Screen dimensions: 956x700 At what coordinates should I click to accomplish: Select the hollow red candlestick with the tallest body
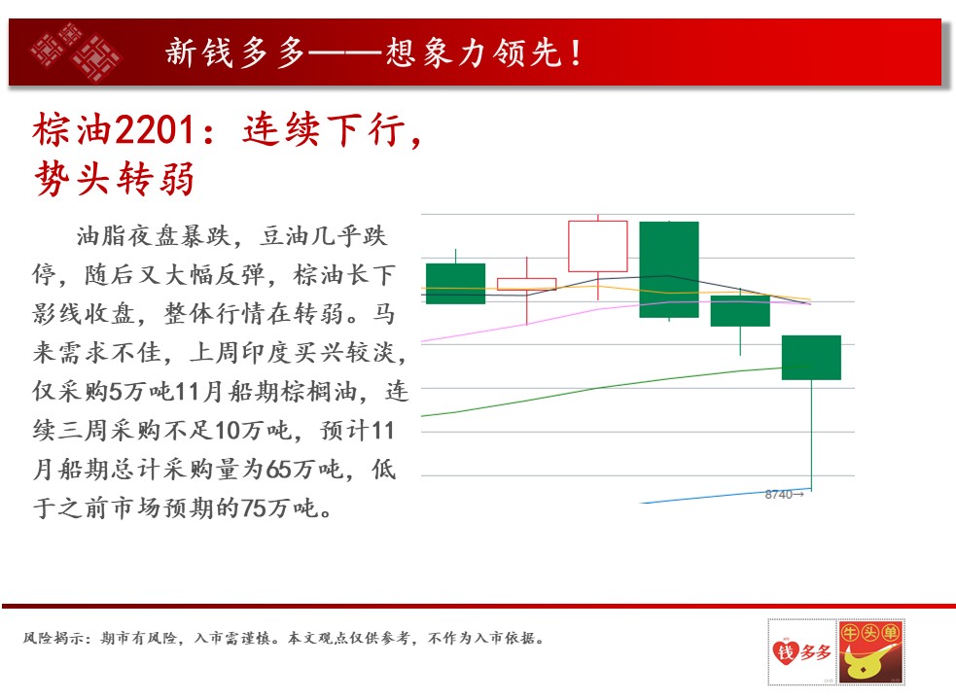click(597, 246)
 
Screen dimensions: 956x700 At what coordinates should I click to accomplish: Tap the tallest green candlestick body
click(669, 269)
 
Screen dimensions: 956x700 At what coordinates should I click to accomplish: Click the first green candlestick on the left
click(455, 284)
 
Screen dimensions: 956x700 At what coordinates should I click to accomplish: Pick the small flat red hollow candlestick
click(527, 284)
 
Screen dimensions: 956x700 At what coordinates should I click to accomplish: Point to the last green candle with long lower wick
click(811, 358)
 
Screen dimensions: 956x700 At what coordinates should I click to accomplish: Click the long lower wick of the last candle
click(811, 435)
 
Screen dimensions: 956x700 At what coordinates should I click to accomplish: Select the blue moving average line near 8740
click(726, 496)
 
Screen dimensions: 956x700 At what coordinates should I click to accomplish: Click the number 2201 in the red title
click(154, 129)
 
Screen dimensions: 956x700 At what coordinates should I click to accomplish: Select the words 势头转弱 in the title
click(115, 179)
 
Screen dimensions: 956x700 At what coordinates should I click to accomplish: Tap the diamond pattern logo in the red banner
click(76, 52)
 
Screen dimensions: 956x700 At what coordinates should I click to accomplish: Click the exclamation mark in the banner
click(576, 52)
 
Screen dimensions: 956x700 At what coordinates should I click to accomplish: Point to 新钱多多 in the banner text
click(235, 52)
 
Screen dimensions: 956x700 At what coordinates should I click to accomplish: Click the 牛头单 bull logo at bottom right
click(871, 651)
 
